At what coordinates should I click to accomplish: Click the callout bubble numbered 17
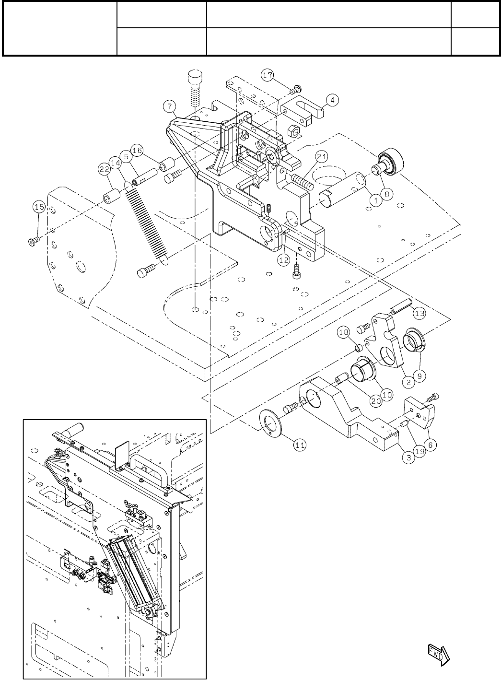tap(268, 75)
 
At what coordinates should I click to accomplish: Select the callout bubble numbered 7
tap(169, 106)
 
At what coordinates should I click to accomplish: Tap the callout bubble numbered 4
tap(333, 100)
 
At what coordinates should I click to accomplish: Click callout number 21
tap(322, 157)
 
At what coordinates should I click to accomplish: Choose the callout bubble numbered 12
tap(284, 260)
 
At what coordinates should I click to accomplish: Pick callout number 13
tap(419, 313)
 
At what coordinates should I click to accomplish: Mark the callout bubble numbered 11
tap(300, 445)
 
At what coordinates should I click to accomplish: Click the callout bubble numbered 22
tap(105, 169)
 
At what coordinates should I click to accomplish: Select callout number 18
tap(344, 332)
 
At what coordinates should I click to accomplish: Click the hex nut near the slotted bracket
tap(293, 130)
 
